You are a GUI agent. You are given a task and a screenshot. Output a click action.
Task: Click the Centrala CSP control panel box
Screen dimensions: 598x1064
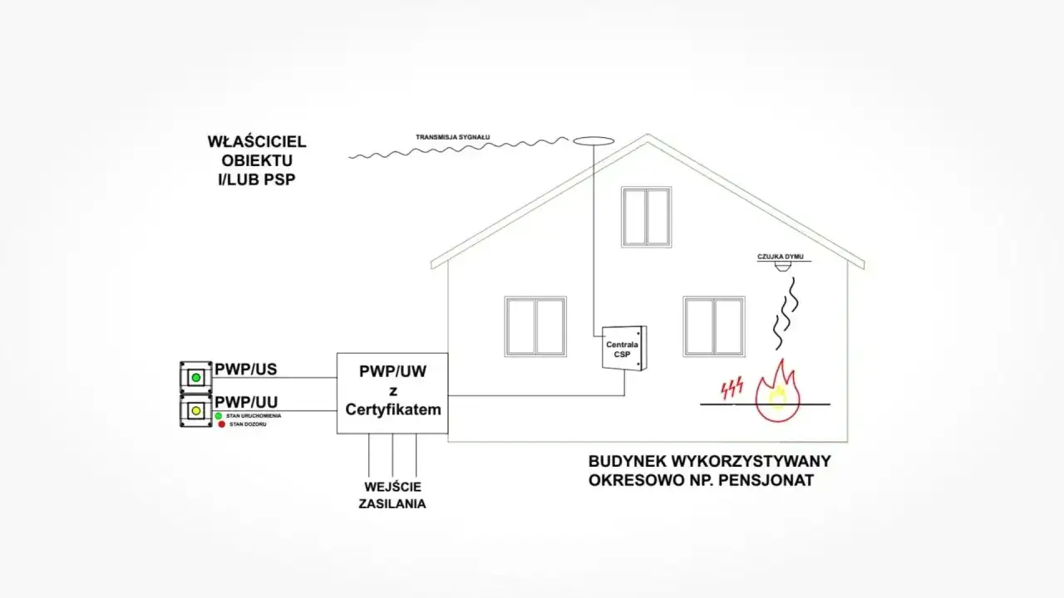[x=623, y=348]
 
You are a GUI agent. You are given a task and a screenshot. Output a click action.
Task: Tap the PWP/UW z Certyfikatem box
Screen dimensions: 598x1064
[x=392, y=392]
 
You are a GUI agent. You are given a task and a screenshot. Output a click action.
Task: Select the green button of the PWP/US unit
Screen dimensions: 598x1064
[x=196, y=377]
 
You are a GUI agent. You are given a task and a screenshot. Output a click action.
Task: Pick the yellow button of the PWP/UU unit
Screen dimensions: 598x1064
[x=196, y=410]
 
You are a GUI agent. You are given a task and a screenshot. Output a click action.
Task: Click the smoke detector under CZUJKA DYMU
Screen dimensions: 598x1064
[x=782, y=267]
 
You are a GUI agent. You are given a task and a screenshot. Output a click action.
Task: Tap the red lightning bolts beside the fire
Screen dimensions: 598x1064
[x=731, y=387]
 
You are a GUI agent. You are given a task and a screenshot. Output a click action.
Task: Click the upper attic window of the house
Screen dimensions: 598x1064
[x=646, y=217]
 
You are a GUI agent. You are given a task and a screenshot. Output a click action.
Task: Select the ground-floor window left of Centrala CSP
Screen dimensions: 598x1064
[x=535, y=326]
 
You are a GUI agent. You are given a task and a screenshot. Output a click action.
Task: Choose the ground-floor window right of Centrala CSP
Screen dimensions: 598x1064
[x=714, y=326]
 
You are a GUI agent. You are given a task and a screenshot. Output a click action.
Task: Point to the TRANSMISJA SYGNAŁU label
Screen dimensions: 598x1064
[x=453, y=136]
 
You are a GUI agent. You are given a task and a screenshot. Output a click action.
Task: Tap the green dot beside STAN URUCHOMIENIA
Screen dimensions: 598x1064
[x=218, y=415]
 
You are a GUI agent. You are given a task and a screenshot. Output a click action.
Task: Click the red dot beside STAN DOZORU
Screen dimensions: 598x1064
[x=222, y=424]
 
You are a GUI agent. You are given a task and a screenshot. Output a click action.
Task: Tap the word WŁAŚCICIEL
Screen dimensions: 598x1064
[x=257, y=142]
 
